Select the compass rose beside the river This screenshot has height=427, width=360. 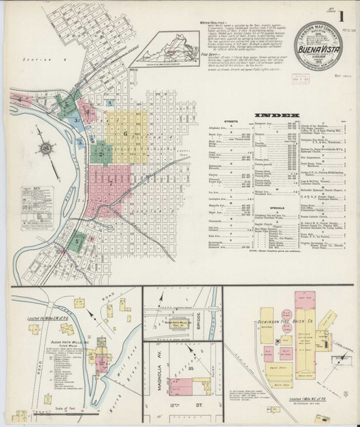click(47, 149)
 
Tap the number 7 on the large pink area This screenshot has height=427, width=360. click(112, 182)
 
